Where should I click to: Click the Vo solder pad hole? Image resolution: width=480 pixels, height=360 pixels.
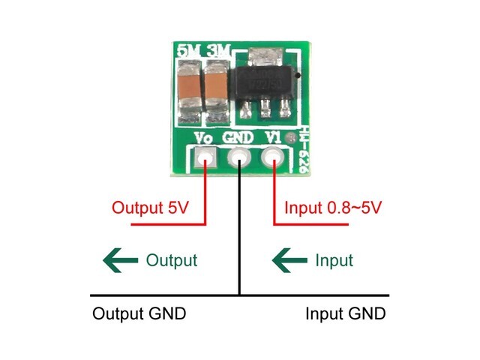point(204,159)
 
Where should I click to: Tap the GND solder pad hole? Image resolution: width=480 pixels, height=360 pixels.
point(238,158)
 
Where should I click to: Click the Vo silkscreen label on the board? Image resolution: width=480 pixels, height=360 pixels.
point(203,138)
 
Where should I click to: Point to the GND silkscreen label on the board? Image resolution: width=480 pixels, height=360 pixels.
point(238,138)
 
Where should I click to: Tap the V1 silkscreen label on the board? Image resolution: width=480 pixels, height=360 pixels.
point(273,138)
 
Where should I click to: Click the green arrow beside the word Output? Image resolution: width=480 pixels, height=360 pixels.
point(121,261)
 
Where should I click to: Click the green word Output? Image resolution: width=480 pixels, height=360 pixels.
point(171,260)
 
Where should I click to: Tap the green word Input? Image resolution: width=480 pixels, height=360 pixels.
point(334,260)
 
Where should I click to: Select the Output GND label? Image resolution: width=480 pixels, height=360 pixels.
point(139,313)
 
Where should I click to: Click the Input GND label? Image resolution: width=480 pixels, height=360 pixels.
point(346,313)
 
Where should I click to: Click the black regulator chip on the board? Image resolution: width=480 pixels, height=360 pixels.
point(263,84)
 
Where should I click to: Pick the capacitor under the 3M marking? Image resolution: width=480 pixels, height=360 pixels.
point(216,89)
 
